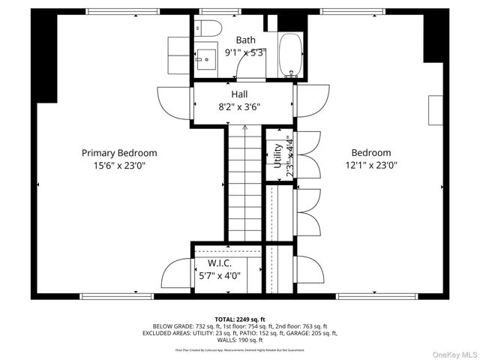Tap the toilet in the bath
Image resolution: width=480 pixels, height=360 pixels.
point(210,28)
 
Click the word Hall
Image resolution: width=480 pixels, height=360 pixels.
point(240,94)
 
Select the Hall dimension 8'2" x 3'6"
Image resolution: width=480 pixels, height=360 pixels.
point(240,106)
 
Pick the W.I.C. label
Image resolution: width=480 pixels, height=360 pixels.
point(219,263)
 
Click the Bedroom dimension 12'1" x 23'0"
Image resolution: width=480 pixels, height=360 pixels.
point(371,165)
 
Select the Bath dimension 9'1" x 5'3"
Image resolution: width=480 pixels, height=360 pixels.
point(246,52)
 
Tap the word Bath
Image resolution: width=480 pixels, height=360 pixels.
point(245,40)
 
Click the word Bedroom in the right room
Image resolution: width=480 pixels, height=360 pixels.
point(371,152)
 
